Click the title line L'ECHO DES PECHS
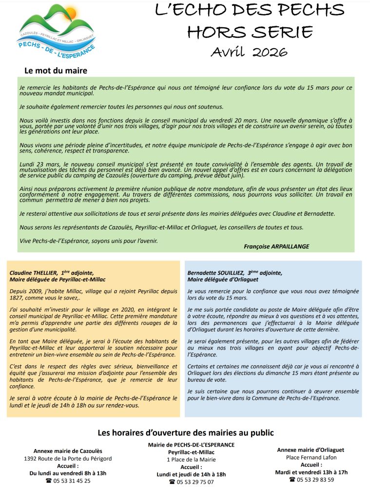click(249, 11)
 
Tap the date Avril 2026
click(249, 52)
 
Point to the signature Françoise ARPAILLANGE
click(276, 246)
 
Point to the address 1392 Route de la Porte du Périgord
click(68, 458)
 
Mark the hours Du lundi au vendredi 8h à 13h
click(68, 473)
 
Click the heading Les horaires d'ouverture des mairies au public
click(186, 432)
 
